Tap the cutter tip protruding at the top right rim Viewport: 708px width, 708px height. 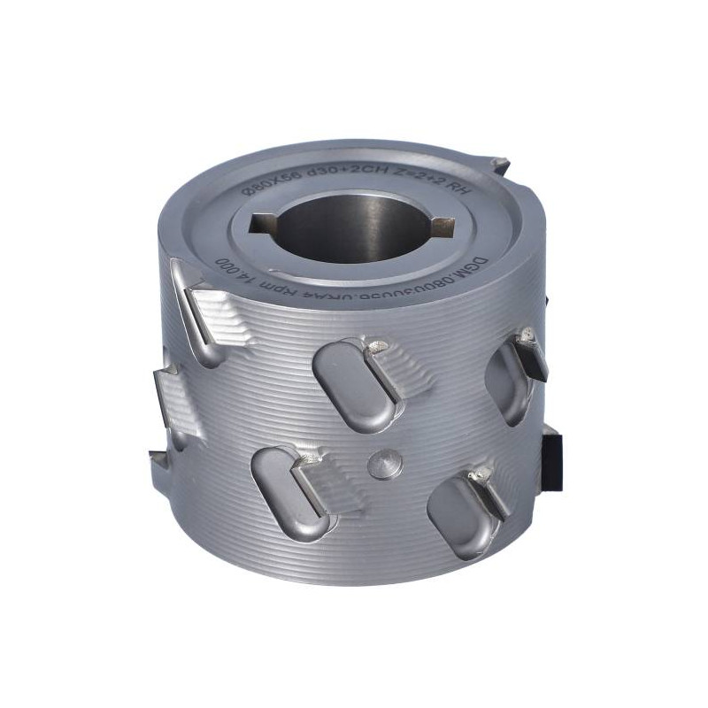pos(497,165)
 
